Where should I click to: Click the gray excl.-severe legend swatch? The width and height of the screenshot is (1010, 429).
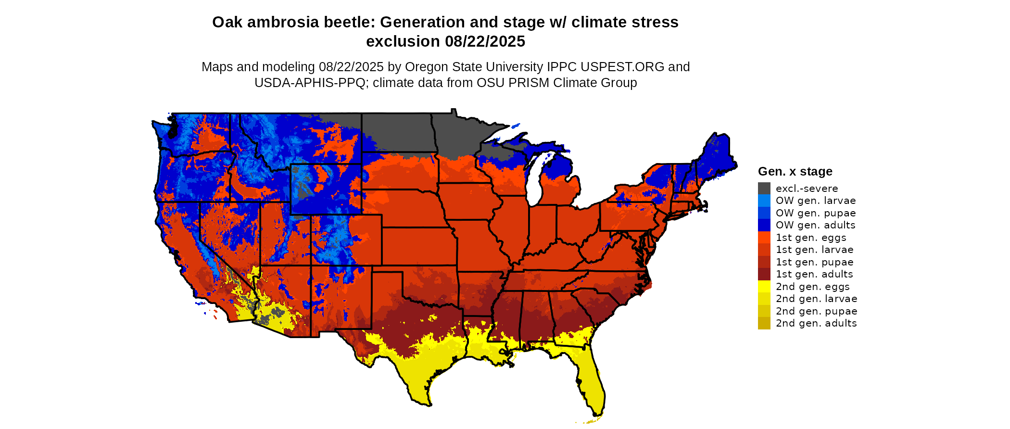(x=764, y=189)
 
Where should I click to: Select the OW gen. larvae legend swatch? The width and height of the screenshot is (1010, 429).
(x=764, y=201)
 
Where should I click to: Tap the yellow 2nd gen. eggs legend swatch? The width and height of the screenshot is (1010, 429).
(x=764, y=287)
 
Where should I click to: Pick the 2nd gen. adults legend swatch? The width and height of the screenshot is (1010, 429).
(x=764, y=323)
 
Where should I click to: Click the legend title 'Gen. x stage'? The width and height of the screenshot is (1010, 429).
(x=795, y=171)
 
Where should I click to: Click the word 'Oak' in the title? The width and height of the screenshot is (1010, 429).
(x=225, y=22)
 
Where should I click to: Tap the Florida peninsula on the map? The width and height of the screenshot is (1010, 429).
(x=592, y=385)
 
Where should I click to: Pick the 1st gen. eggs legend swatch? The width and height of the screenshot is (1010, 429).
(x=764, y=238)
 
